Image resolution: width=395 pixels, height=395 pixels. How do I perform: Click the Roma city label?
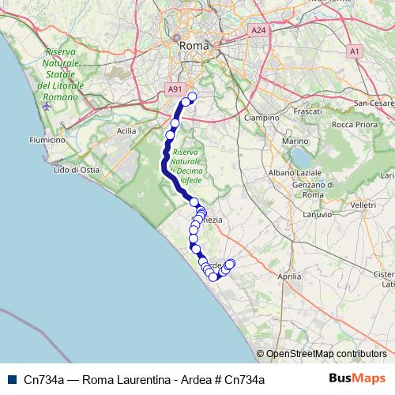coord(194,46)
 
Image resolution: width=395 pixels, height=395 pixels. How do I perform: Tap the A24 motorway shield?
coord(258,30)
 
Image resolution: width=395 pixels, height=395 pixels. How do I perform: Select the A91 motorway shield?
coord(176,91)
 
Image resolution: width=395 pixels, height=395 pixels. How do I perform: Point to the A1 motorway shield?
coord(355,51)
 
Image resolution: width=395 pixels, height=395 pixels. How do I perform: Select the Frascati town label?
coord(310,113)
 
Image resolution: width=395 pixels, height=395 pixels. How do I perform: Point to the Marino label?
coord(294,141)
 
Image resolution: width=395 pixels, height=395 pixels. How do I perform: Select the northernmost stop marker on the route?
coord(191,97)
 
